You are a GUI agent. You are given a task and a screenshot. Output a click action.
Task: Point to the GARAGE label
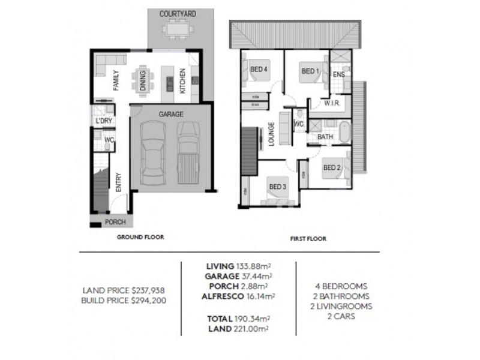[171, 114]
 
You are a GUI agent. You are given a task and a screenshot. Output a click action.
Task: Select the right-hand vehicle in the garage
[188, 151]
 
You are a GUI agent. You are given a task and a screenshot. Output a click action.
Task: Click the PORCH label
[115, 222]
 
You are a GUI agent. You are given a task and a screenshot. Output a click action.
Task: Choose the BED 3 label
[277, 187]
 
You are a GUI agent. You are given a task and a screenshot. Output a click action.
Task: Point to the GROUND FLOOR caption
[140, 237]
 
